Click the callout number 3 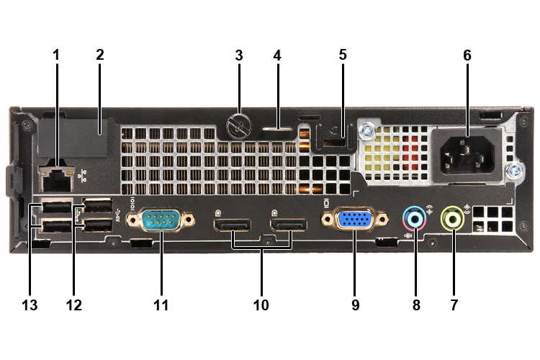click(238, 55)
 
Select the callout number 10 click(261, 305)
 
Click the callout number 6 click(467, 55)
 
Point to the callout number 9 click(355, 305)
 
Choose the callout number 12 click(74, 305)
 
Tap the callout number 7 click(454, 305)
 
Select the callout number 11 click(161, 305)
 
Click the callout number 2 click(100, 55)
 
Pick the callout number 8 click(415, 305)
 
